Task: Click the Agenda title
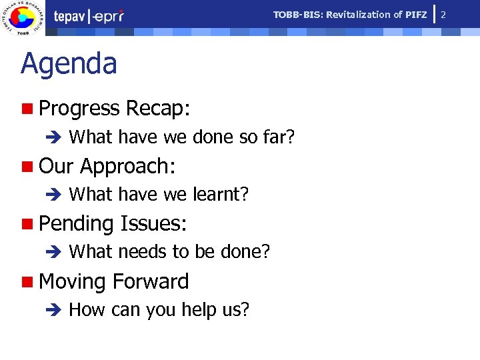[69, 65]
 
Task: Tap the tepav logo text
[70, 17]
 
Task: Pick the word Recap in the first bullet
[157, 108]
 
